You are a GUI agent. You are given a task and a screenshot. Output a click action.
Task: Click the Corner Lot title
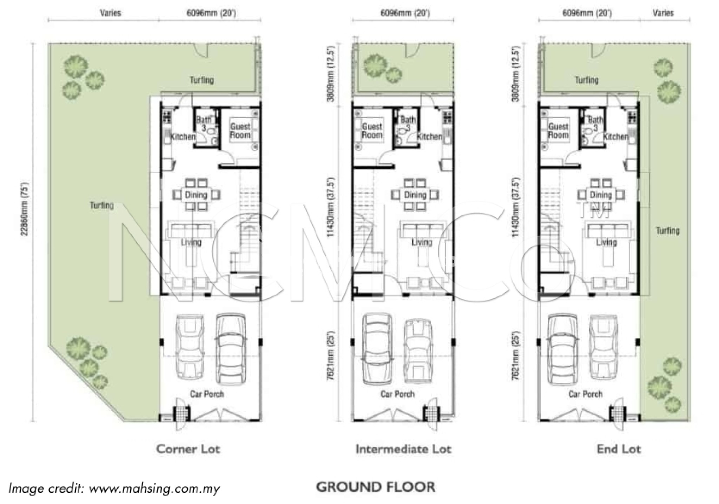pos(188,449)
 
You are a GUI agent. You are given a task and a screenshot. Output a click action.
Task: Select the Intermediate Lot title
pos(403,449)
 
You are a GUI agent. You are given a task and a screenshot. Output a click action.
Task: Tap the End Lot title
pos(619,449)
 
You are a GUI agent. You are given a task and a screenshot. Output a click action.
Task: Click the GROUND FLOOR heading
pos(376,487)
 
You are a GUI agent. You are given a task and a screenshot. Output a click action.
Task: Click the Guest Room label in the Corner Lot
pos(240,130)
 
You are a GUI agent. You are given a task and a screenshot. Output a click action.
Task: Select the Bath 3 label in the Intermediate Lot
pos(408,124)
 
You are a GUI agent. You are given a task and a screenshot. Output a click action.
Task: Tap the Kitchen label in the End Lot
pos(616,136)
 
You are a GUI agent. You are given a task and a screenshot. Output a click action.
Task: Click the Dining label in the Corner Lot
pos(196,195)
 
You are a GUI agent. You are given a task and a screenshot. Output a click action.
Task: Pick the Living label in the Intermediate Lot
pos(422,242)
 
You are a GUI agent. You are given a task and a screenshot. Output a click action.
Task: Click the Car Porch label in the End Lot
pos(585,394)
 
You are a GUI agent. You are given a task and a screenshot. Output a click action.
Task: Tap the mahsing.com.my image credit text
pos(114,489)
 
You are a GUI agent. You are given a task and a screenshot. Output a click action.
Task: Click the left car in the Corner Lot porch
pos(189,347)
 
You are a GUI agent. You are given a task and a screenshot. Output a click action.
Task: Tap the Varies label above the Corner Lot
pos(110,13)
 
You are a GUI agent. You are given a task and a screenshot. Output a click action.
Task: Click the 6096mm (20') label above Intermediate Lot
pos(405,13)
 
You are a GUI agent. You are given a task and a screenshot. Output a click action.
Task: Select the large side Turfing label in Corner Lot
pos(102,205)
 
